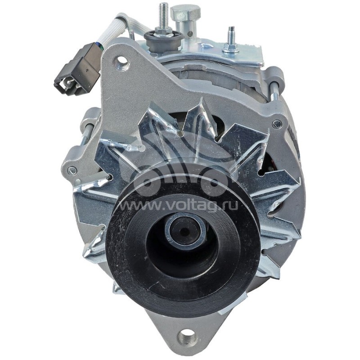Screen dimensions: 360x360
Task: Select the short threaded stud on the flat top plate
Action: pos(232,34)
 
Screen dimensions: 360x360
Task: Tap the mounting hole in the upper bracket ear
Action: pos(121,61)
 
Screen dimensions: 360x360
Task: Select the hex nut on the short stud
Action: pos(231,46)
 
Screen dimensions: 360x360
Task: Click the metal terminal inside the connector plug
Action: pos(67,83)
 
